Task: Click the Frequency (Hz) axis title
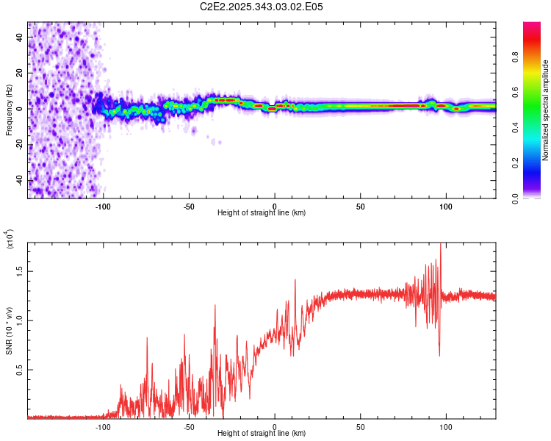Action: point(9,110)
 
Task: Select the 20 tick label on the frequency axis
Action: point(19,73)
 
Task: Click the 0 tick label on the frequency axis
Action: point(19,108)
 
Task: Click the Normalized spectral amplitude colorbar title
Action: point(545,110)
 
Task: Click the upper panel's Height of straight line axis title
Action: point(262,213)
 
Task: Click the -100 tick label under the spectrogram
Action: point(103,207)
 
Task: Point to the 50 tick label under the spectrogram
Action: point(360,207)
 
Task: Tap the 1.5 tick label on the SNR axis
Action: point(19,270)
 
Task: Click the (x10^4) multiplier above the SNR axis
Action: point(10,240)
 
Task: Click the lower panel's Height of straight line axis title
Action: point(262,433)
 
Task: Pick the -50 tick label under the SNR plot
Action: point(189,426)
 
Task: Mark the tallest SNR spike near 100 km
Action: point(441,245)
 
